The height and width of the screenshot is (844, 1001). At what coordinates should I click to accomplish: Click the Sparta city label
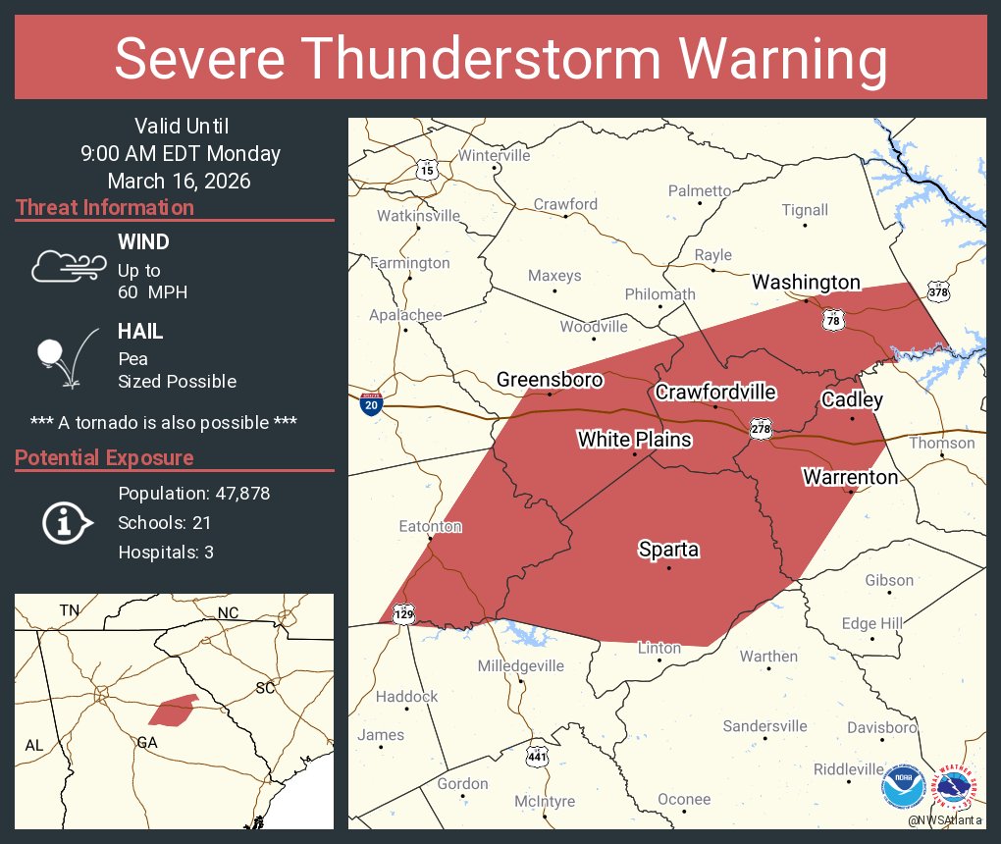coord(668,550)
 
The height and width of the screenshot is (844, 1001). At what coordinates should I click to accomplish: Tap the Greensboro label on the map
coord(549,380)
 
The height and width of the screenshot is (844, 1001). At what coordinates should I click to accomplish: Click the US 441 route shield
coord(535,757)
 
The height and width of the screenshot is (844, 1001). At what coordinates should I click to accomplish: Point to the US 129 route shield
coord(403,613)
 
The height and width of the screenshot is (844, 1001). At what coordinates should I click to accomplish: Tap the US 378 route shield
coord(938,292)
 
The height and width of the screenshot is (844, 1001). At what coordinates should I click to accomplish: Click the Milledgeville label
coord(520,666)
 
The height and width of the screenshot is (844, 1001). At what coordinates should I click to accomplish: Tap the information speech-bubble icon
coord(65,522)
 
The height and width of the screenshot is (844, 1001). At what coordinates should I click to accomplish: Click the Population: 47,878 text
coord(193,494)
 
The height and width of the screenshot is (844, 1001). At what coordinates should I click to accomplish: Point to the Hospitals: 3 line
coord(166,553)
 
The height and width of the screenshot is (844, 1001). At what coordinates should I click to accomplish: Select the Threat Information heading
coord(105,208)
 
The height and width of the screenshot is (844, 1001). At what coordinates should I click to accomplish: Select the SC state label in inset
coord(265,688)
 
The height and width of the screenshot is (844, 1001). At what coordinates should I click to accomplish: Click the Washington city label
coord(806,283)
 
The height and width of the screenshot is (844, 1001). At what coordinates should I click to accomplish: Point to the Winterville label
coord(494,156)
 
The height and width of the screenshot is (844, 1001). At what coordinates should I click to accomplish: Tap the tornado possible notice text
coord(164,422)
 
